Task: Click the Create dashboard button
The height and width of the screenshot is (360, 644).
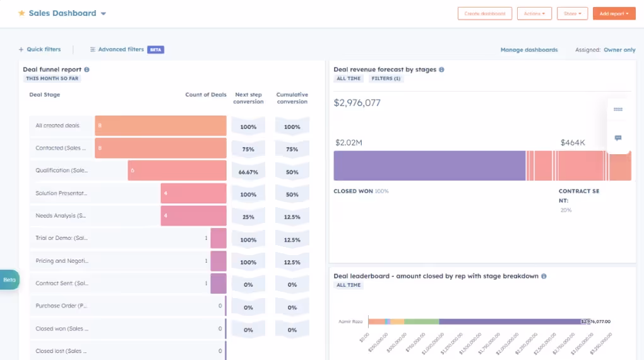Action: pyautogui.click(x=484, y=13)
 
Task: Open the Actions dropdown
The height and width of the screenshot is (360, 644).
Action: pyautogui.click(x=534, y=13)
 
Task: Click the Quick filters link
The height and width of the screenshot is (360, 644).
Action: pyautogui.click(x=40, y=49)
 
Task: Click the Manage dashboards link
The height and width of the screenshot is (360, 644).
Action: pyautogui.click(x=529, y=50)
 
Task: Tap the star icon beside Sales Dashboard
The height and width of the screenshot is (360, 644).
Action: pyautogui.click(x=21, y=13)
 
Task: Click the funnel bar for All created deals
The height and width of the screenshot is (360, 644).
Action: pyautogui.click(x=160, y=126)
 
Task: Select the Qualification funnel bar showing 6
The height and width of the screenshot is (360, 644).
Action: pyautogui.click(x=177, y=171)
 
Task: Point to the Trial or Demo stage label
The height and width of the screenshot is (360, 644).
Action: pyautogui.click(x=61, y=238)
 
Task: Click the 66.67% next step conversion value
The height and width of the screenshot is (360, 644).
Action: pyautogui.click(x=248, y=172)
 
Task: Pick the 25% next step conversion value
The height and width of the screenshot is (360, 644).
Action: pyautogui.click(x=248, y=217)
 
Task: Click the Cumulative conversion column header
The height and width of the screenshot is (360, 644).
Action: pyautogui.click(x=292, y=98)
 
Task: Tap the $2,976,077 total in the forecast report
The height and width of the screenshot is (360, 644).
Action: pyautogui.click(x=357, y=103)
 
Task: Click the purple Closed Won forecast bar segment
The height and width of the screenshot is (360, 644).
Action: pyautogui.click(x=429, y=165)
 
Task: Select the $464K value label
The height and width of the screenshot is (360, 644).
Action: pyautogui.click(x=573, y=143)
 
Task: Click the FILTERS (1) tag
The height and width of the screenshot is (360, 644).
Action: pyautogui.click(x=386, y=79)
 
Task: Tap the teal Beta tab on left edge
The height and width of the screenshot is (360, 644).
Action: pyautogui.click(x=9, y=280)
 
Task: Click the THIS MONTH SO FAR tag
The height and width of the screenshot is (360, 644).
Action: pyautogui.click(x=53, y=79)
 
